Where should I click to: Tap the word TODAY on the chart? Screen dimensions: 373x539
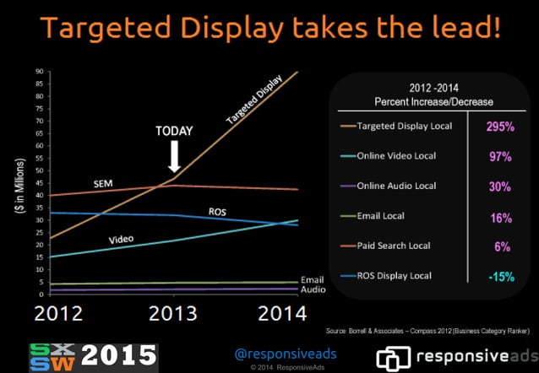[x=174, y=131]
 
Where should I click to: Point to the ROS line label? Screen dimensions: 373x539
[x=217, y=210]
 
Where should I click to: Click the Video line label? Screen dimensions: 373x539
[x=122, y=239]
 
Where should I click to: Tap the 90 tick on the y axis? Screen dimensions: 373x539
[x=40, y=73]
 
